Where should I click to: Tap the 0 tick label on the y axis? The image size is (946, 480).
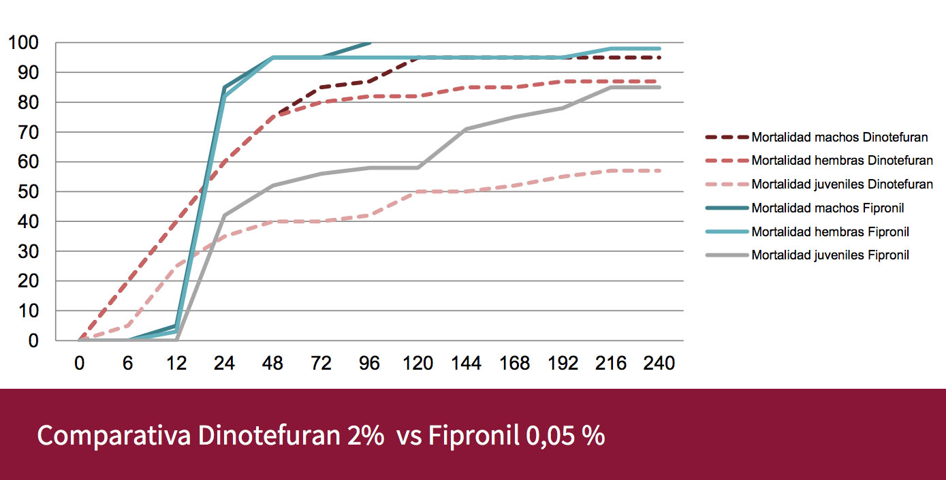tap(33, 340)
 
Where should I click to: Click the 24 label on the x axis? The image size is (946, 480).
tap(225, 364)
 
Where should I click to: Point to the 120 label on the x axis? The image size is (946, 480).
tap(417, 364)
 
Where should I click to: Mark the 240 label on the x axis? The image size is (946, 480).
tap(659, 364)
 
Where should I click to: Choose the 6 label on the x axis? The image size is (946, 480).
tap(128, 364)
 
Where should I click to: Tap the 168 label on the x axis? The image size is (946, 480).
tap(514, 364)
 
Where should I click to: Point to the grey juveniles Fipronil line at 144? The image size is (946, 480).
tap(466, 129)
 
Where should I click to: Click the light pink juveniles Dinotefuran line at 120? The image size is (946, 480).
tap(417, 192)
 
